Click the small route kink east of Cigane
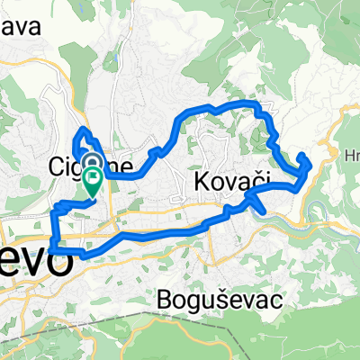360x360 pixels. coord(160,151)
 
